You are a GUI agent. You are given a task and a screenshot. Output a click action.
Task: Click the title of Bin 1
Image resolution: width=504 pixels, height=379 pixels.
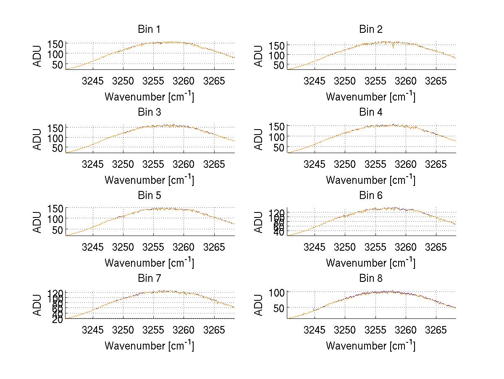[149, 29]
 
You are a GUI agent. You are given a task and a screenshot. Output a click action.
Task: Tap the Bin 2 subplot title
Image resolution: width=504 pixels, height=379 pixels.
[371, 29]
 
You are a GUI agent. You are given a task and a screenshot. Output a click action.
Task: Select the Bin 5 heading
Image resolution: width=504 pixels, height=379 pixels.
[149, 196]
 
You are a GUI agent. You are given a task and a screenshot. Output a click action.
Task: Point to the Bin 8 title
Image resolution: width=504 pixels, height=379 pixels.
[371, 278]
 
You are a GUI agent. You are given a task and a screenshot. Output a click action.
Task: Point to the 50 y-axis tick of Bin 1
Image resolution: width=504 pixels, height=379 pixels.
[58, 64]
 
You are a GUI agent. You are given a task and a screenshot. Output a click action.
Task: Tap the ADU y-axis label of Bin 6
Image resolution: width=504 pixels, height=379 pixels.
[259, 222]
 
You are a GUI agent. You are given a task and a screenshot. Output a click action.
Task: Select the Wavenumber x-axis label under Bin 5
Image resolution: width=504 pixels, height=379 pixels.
[149, 263]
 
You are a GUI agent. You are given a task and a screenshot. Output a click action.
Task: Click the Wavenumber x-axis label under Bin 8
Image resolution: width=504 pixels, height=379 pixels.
[371, 346]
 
